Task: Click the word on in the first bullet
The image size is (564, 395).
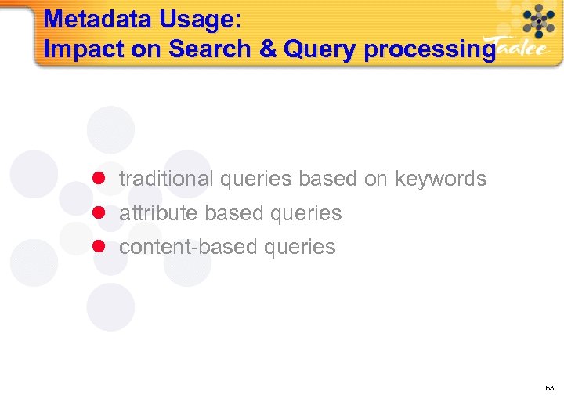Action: pos(375,179)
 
